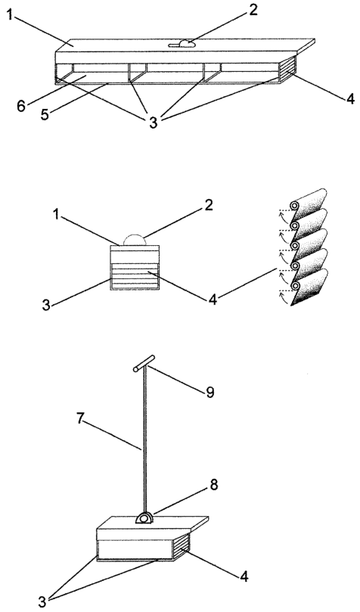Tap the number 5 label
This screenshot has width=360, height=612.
click(45, 116)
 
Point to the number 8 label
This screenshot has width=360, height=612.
click(214, 485)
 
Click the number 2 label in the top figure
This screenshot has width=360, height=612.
click(253, 11)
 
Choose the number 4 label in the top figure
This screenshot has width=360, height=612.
click(350, 99)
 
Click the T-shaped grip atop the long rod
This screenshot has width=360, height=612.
click(144, 363)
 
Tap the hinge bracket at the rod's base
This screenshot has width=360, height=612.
click(144, 517)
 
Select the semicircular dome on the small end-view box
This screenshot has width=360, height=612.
click(135, 240)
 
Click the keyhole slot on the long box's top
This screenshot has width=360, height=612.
click(182, 45)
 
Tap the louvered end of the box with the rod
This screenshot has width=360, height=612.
click(182, 545)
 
